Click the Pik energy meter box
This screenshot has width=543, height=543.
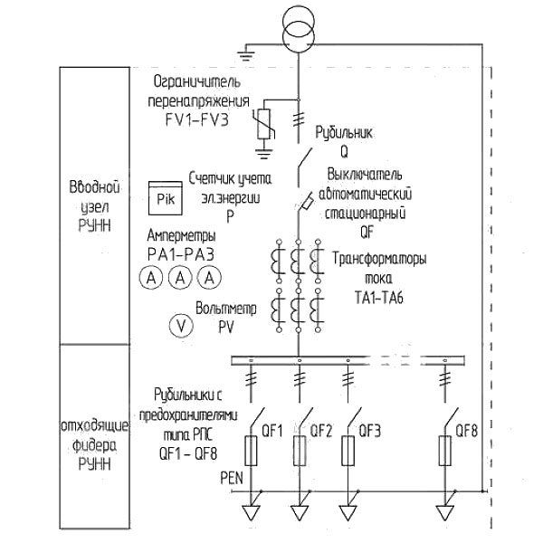pyautogui.click(x=166, y=197)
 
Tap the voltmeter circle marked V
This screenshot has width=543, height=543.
pyautogui.click(x=181, y=326)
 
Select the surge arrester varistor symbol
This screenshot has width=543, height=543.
pyautogui.click(x=265, y=124)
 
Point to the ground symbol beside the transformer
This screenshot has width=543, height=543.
pyautogui.click(x=246, y=55)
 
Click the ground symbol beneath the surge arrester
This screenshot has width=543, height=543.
pyautogui.click(x=264, y=153)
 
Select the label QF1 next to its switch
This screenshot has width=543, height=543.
pyautogui.click(x=272, y=431)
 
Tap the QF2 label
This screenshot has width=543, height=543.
pyautogui.click(x=320, y=431)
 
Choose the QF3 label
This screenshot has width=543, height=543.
pyautogui.click(x=369, y=431)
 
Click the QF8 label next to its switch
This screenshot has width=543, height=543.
pyautogui.click(x=466, y=431)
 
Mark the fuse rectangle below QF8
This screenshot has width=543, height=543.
pyautogui.click(x=445, y=451)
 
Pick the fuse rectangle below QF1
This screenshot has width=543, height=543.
pyautogui.click(x=251, y=451)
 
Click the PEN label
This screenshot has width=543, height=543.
pyautogui.click(x=232, y=478)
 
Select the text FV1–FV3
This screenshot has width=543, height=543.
pyautogui.click(x=197, y=119)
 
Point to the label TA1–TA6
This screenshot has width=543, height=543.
pyautogui.click(x=379, y=298)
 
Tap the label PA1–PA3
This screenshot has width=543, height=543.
pyautogui.click(x=181, y=254)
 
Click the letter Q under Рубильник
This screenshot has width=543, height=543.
pyautogui.click(x=344, y=151)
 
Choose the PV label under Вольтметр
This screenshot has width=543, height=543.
pyautogui.click(x=225, y=327)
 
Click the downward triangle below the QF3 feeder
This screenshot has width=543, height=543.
pyautogui.click(x=348, y=513)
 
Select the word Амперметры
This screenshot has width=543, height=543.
pyautogui.click(x=182, y=235)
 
